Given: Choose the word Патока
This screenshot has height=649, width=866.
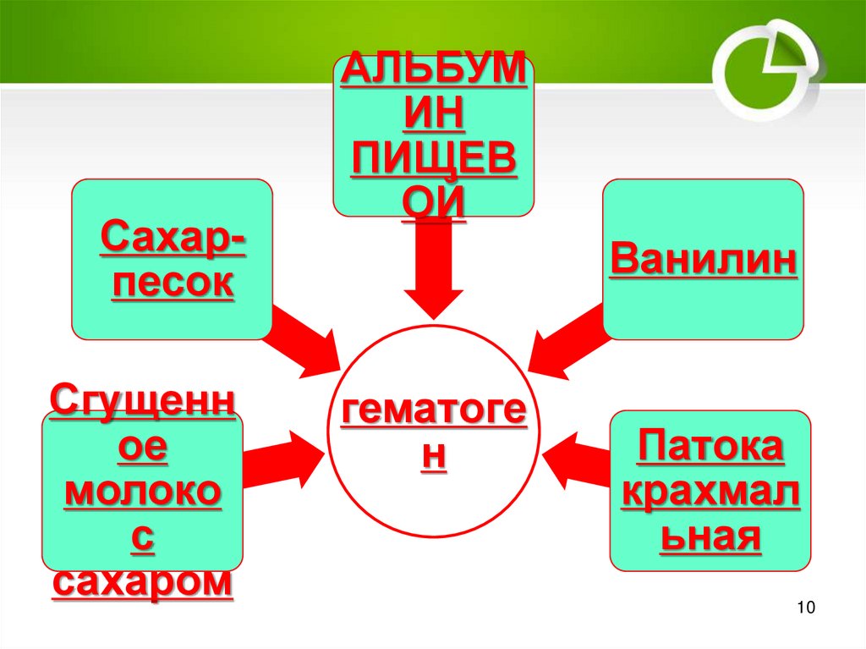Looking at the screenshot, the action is tap(710, 447).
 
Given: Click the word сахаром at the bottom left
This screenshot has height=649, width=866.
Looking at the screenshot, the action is tap(142, 583).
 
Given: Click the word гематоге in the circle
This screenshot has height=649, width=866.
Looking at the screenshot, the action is tap(433, 415).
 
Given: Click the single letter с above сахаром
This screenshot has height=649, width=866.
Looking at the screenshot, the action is tap(142, 538).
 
